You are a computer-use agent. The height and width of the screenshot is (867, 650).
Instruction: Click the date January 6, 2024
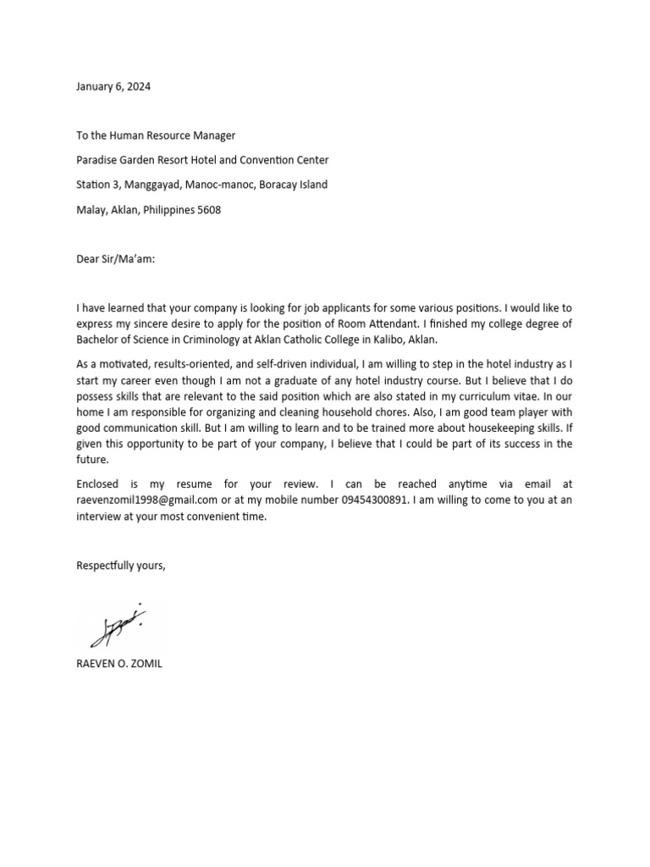click(114, 86)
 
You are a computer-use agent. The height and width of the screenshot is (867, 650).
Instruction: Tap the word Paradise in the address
click(99, 160)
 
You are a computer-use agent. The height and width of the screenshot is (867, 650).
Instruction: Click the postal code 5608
click(207, 210)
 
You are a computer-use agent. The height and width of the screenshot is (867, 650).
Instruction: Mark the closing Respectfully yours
click(121, 566)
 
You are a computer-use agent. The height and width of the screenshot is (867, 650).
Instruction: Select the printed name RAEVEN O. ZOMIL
click(118, 664)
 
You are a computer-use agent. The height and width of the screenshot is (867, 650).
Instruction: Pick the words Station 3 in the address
click(98, 185)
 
